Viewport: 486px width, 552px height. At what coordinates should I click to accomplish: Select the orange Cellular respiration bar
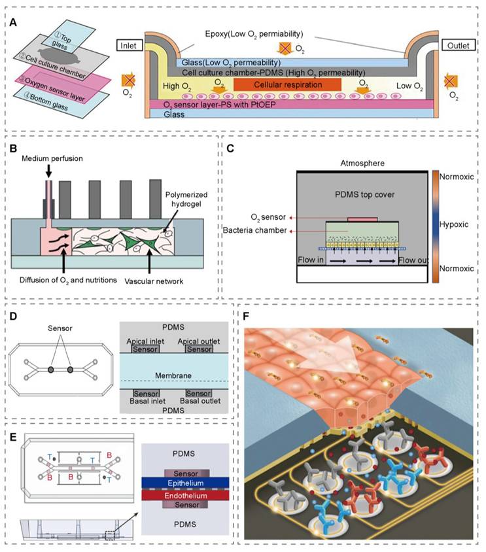287,85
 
